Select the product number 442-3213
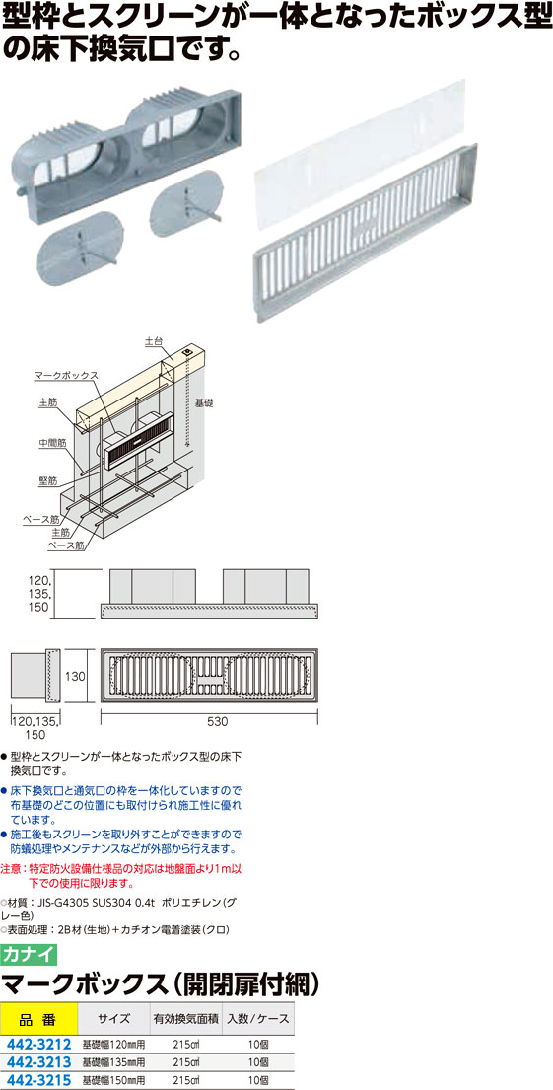click(39, 1062)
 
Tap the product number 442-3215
click(39, 1080)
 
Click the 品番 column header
click(38, 1019)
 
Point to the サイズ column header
click(114, 1019)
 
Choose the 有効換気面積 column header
click(185, 1019)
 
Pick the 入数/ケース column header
click(257, 1019)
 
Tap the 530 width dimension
click(218, 721)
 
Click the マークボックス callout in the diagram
click(66, 376)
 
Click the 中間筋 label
click(52, 441)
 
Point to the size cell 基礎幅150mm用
click(114, 1081)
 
